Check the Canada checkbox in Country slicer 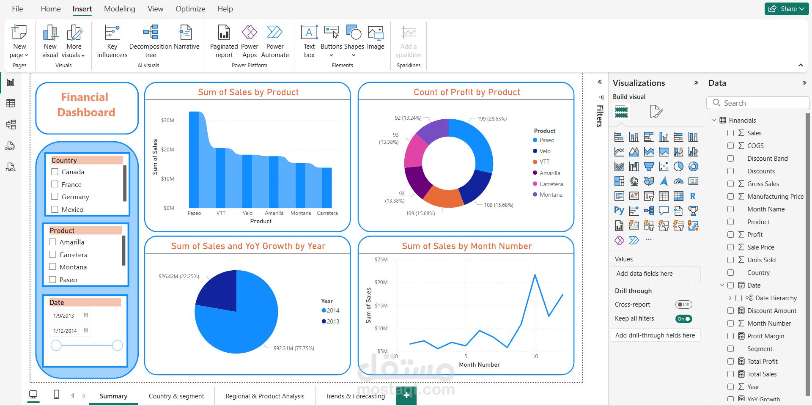pos(55,172)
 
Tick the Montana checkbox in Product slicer pos(53,267)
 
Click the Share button pos(786,9)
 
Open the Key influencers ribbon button pos(112,41)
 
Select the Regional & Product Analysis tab pos(265,396)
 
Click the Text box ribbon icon pos(309,41)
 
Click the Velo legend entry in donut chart pos(545,151)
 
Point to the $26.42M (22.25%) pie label pos(178,276)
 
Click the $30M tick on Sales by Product pos(167,121)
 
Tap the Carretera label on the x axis pos(327,213)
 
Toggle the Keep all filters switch pos(683,319)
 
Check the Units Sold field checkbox pos(730,260)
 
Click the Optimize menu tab pos(190,9)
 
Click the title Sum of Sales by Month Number pos(466,246)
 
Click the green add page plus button pos(406,395)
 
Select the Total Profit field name pos(762,361)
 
